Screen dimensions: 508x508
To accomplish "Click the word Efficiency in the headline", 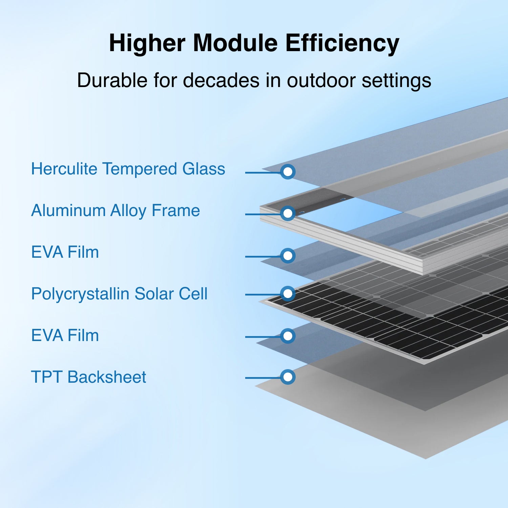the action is [342, 43].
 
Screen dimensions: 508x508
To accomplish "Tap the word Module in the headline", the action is [235, 43].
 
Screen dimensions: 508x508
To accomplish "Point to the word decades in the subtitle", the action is [222, 80].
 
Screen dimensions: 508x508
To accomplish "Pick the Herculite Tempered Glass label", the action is [128, 169].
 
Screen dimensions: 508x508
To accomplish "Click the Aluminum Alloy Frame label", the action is [115, 211].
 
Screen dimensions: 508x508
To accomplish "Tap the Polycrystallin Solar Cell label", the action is [119, 294].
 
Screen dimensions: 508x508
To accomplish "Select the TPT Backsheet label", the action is [88, 377].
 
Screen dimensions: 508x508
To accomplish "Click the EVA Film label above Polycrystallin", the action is [65, 252].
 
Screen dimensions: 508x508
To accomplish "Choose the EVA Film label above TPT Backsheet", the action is [65, 336].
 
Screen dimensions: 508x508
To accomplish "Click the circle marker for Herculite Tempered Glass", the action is [288, 172].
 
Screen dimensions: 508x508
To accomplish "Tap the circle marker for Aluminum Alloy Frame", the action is [288, 213].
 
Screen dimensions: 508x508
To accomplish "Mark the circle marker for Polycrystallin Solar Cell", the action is [288, 293].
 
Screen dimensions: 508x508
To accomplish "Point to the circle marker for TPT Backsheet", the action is [288, 377].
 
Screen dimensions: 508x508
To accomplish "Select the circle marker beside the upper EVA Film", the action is [288, 256].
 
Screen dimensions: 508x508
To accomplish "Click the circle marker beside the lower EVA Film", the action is [288, 336].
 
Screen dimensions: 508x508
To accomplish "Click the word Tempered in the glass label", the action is [140, 169].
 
